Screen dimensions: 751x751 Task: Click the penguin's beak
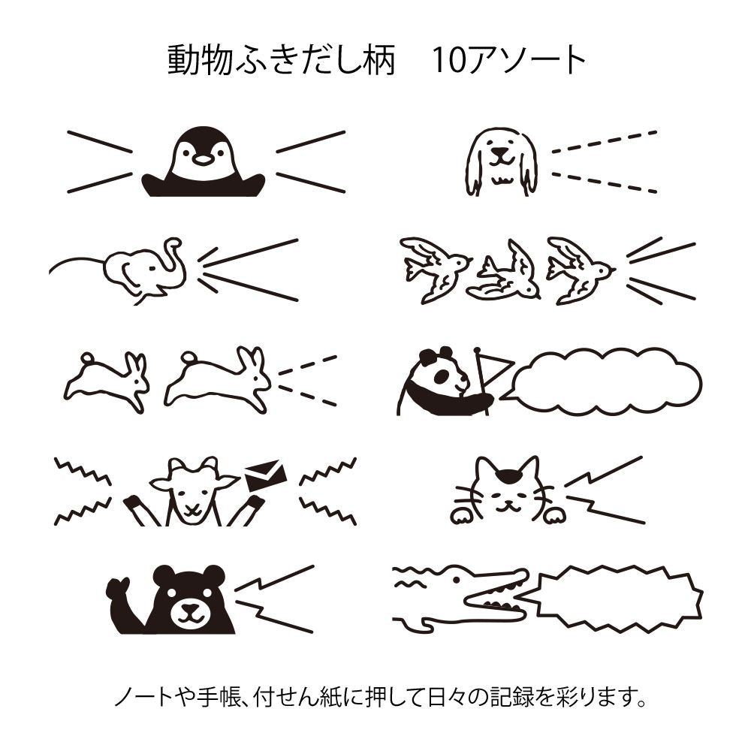[x=203, y=159]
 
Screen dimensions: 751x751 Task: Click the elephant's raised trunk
[x=176, y=255]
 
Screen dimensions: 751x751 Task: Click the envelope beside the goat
[x=265, y=475]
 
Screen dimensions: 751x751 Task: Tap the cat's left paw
[x=460, y=516]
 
